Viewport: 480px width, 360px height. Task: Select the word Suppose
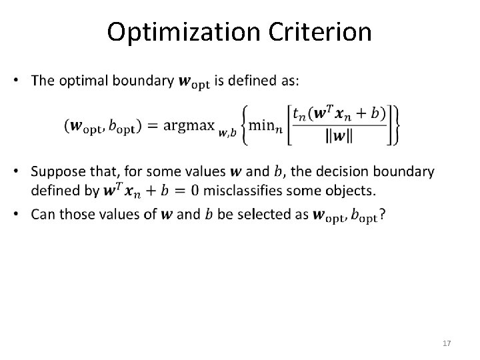pos(59,172)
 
